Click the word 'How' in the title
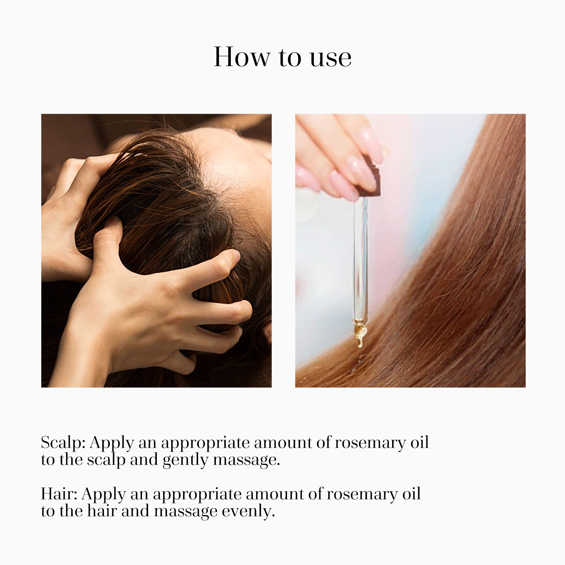[241, 57]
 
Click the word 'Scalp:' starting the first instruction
[63, 442]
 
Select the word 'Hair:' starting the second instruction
[59, 494]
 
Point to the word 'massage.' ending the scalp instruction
[246, 460]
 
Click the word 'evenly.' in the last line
[248, 512]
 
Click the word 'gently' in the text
[185, 460]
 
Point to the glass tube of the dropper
[360, 257]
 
